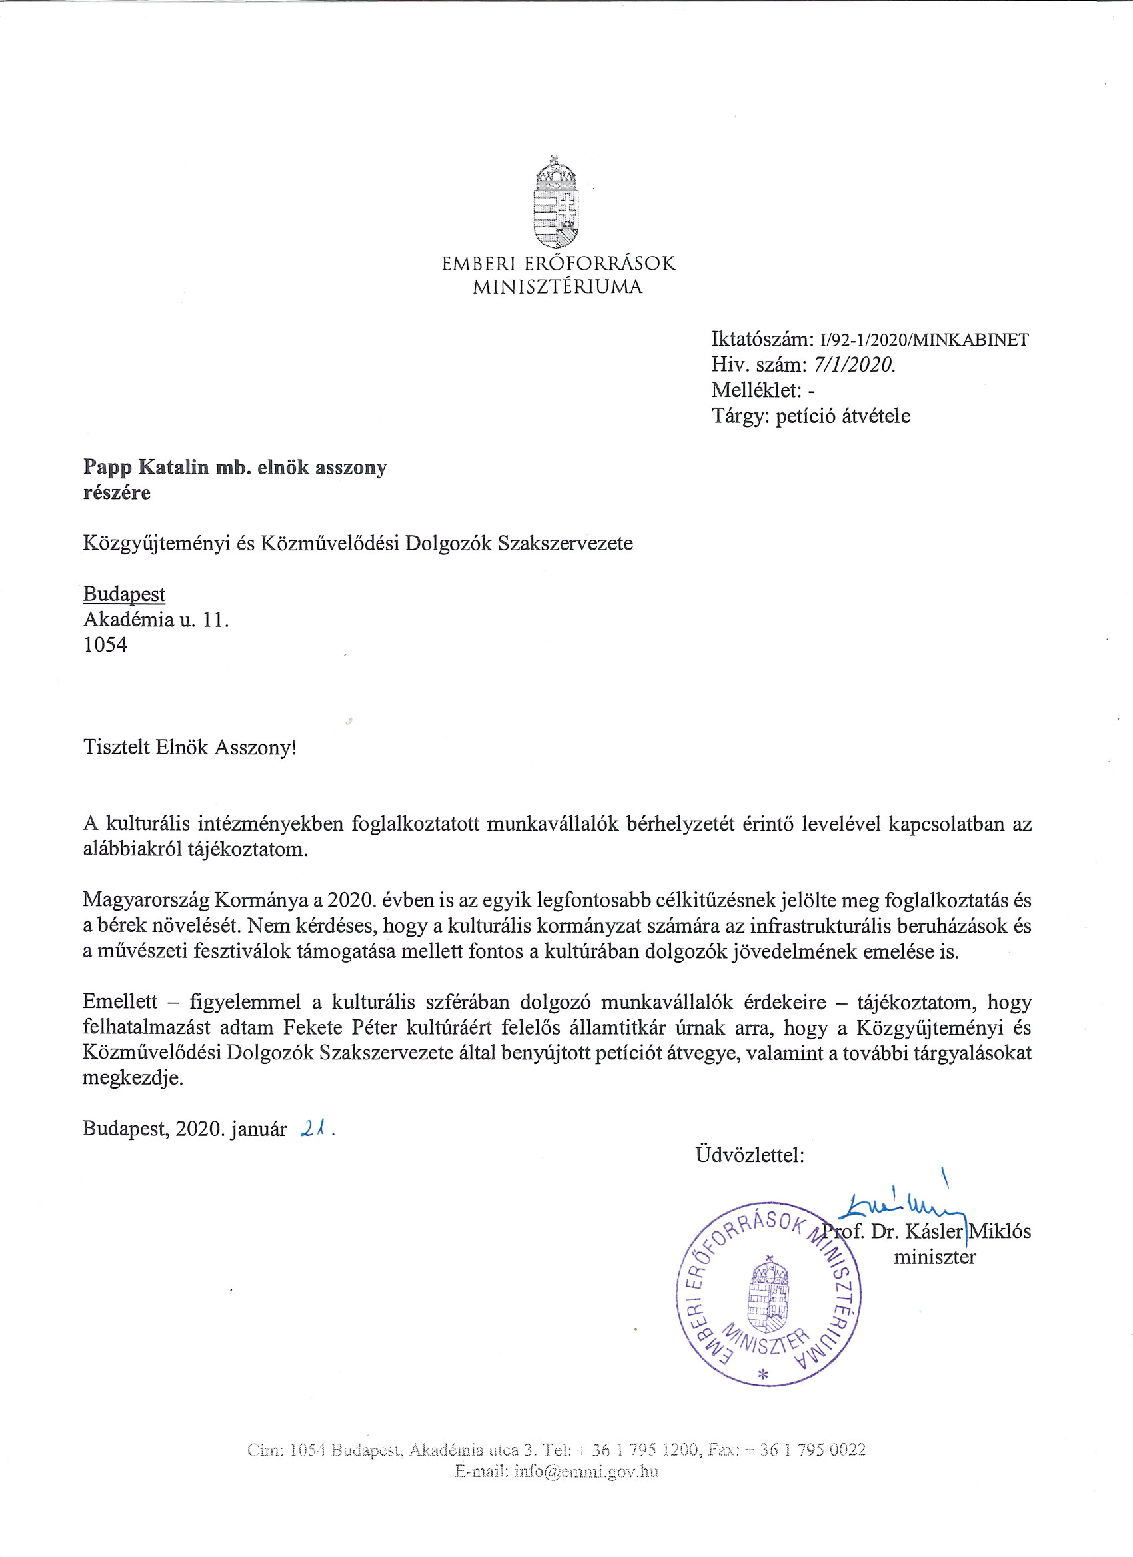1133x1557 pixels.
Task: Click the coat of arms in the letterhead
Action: [x=557, y=203]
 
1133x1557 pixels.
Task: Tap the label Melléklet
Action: [x=755, y=390]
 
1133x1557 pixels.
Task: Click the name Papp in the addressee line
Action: [x=108, y=468]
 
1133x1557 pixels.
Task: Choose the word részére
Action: [x=117, y=492]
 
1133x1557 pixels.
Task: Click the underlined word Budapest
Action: [x=124, y=594]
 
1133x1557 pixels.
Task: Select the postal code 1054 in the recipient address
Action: [x=105, y=645]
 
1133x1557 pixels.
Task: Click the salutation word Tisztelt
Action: [x=115, y=747]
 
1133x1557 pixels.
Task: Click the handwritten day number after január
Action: [x=315, y=1128]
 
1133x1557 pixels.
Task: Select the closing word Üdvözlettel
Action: [x=749, y=1155]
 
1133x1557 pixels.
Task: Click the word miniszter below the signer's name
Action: [x=934, y=1257]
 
